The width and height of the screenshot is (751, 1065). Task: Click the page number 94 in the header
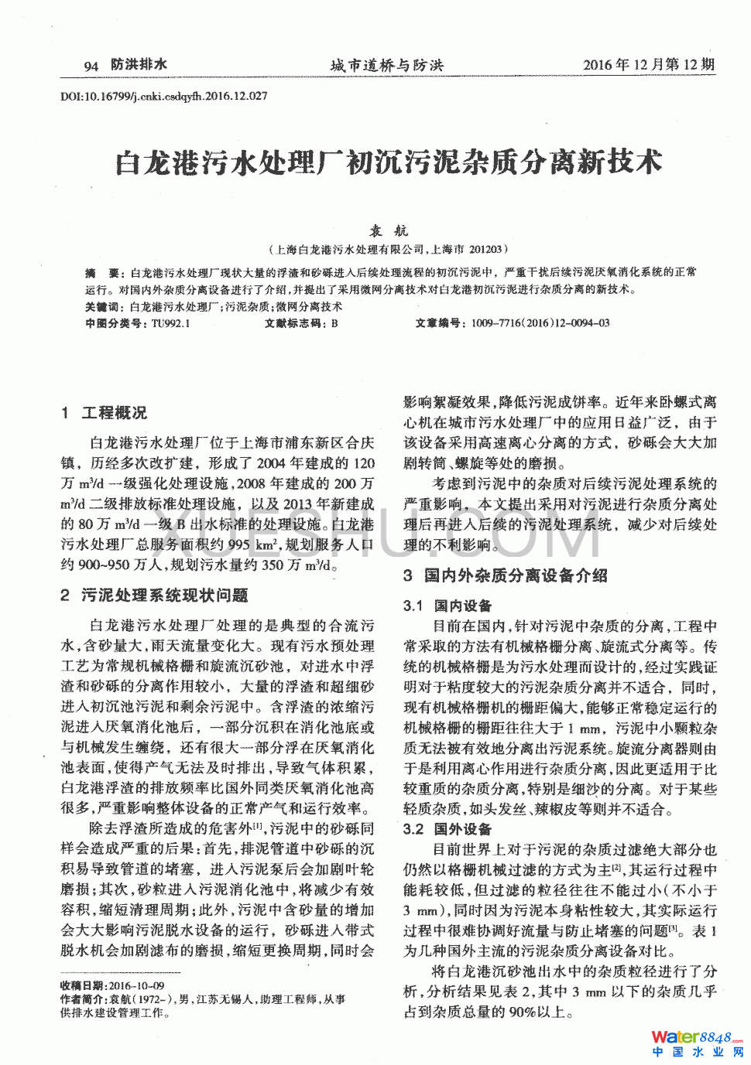[91, 66]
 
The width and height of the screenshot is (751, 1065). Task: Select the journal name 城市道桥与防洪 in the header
[386, 66]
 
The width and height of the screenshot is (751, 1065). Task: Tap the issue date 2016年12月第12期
[648, 65]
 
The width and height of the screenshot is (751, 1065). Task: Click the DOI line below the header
[164, 97]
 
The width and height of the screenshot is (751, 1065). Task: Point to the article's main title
[389, 162]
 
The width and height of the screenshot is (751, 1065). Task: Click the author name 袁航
[388, 230]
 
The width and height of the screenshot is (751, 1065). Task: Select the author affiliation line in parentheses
[388, 249]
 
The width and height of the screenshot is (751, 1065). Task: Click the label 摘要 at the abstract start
[101, 272]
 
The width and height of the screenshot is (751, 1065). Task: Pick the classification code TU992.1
[170, 323]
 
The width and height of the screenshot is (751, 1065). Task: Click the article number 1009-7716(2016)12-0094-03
[540, 323]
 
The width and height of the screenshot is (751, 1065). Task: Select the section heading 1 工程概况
[104, 413]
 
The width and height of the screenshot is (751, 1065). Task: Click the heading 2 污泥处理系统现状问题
[154, 595]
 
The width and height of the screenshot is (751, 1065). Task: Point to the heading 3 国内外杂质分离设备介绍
[505, 575]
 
